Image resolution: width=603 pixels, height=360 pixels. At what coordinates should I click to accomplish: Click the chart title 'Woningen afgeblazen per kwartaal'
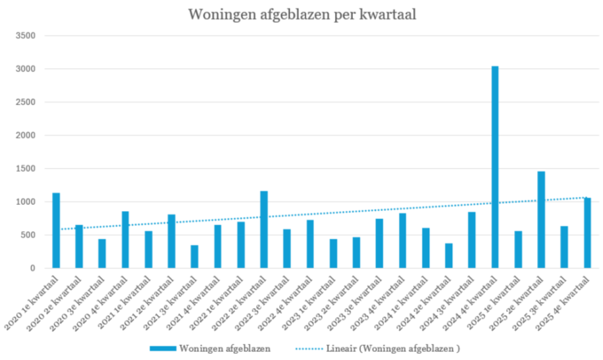tap(301, 14)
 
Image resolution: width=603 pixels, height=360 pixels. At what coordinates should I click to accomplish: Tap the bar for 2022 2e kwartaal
tap(264, 230)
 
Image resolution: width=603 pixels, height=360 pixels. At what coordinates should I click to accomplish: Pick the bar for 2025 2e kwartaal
tap(541, 220)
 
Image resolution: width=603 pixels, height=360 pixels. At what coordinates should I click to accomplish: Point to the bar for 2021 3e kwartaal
tap(195, 257)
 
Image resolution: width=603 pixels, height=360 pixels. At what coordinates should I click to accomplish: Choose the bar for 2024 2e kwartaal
tap(449, 256)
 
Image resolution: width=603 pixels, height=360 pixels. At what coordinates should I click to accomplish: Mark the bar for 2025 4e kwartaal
tap(587, 233)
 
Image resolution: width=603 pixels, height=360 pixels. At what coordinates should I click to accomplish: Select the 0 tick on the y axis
tap(32, 268)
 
